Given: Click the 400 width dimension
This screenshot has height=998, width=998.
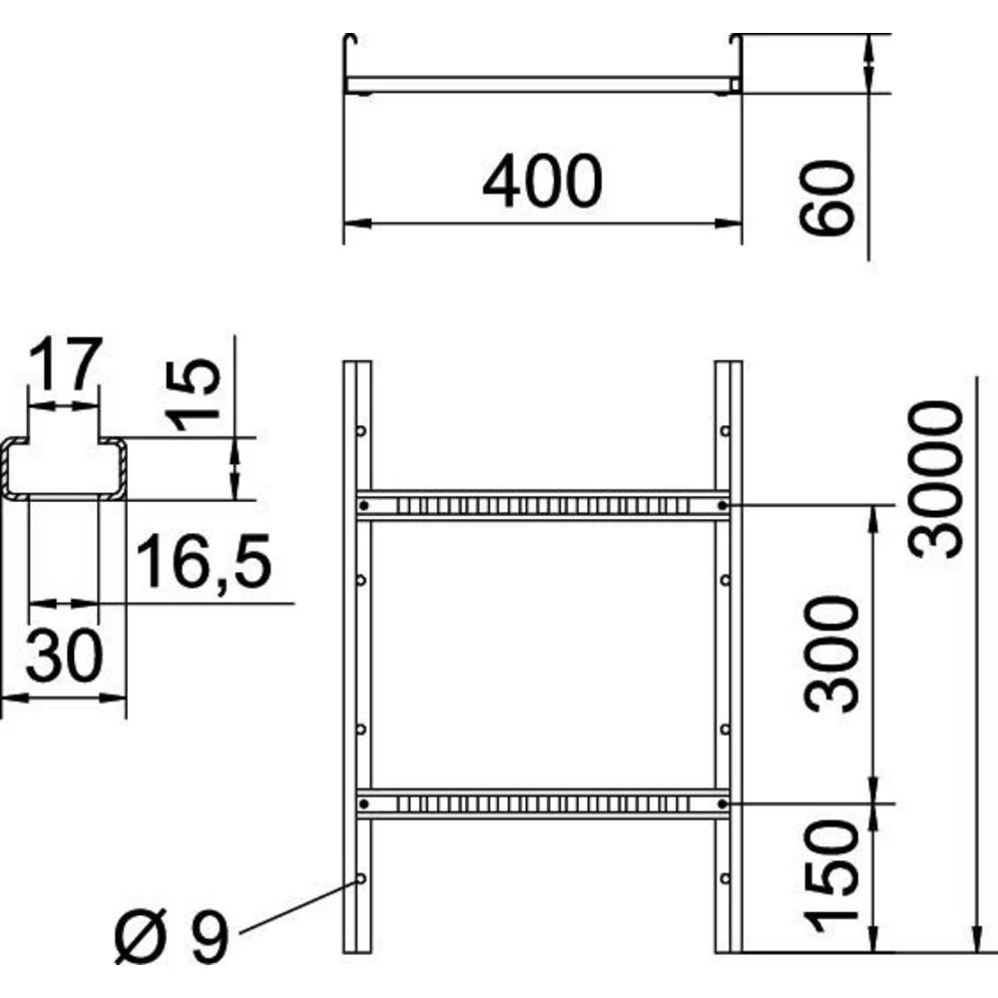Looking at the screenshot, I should [x=542, y=183].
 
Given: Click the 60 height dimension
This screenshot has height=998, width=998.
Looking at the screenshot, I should [x=830, y=199].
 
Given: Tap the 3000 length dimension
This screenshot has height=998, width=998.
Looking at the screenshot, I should [x=940, y=478].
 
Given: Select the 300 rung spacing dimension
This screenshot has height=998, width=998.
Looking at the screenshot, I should [x=833, y=654].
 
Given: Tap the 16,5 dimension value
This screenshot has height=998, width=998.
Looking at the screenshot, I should [x=204, y=561].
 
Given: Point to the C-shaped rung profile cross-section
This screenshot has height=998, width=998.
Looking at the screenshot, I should [x=65, y=467].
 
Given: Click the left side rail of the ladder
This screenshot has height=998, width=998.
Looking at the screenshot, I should [x=356, y=649].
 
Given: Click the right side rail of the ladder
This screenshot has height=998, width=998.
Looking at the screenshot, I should [x=729, y=649].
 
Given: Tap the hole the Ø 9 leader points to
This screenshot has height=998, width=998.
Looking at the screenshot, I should [x=361, y=879].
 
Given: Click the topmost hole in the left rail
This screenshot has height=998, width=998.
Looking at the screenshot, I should [x=361, y=431].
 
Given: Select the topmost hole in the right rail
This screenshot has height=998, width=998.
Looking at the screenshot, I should [x=726, y=431].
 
